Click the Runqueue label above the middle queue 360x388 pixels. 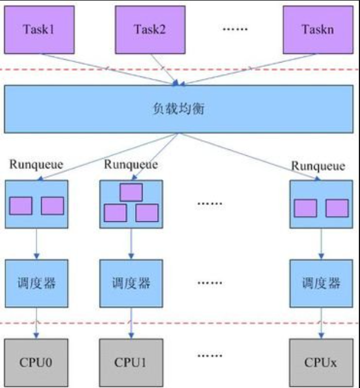(130, 164)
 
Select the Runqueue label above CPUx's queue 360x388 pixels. (318, 166)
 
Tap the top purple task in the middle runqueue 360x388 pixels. (130, 192)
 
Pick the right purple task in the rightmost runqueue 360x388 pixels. (337, 208)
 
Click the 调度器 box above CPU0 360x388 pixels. (36, 283)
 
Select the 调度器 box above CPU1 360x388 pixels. (130, 283)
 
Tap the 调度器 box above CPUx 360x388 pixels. (321, 283)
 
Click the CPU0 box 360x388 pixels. (36, 363)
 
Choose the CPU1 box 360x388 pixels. (130, 363)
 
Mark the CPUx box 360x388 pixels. (321, 363)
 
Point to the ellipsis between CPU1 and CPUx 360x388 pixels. (209, 354)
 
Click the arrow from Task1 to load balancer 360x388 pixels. (110, 67)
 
